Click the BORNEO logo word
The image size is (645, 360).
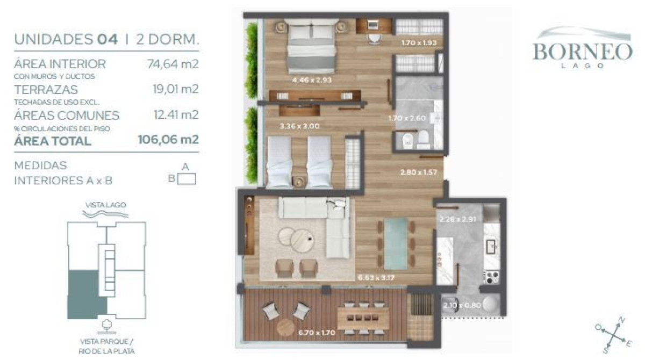point(582,52)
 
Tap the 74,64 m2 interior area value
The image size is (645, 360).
point(173,64)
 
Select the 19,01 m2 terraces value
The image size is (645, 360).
point(176,89)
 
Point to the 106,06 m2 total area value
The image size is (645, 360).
point(168,140)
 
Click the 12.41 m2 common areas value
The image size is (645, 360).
point(176,114)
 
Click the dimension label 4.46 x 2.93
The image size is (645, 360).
point(312,80)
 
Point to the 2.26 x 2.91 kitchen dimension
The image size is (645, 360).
point(457,219)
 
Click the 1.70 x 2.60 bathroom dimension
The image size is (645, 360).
point(407,118)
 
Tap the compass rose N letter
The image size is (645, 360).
point(621,321)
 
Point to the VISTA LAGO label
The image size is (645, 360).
point(105,205)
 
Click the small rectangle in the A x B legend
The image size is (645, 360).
point(187,179)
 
